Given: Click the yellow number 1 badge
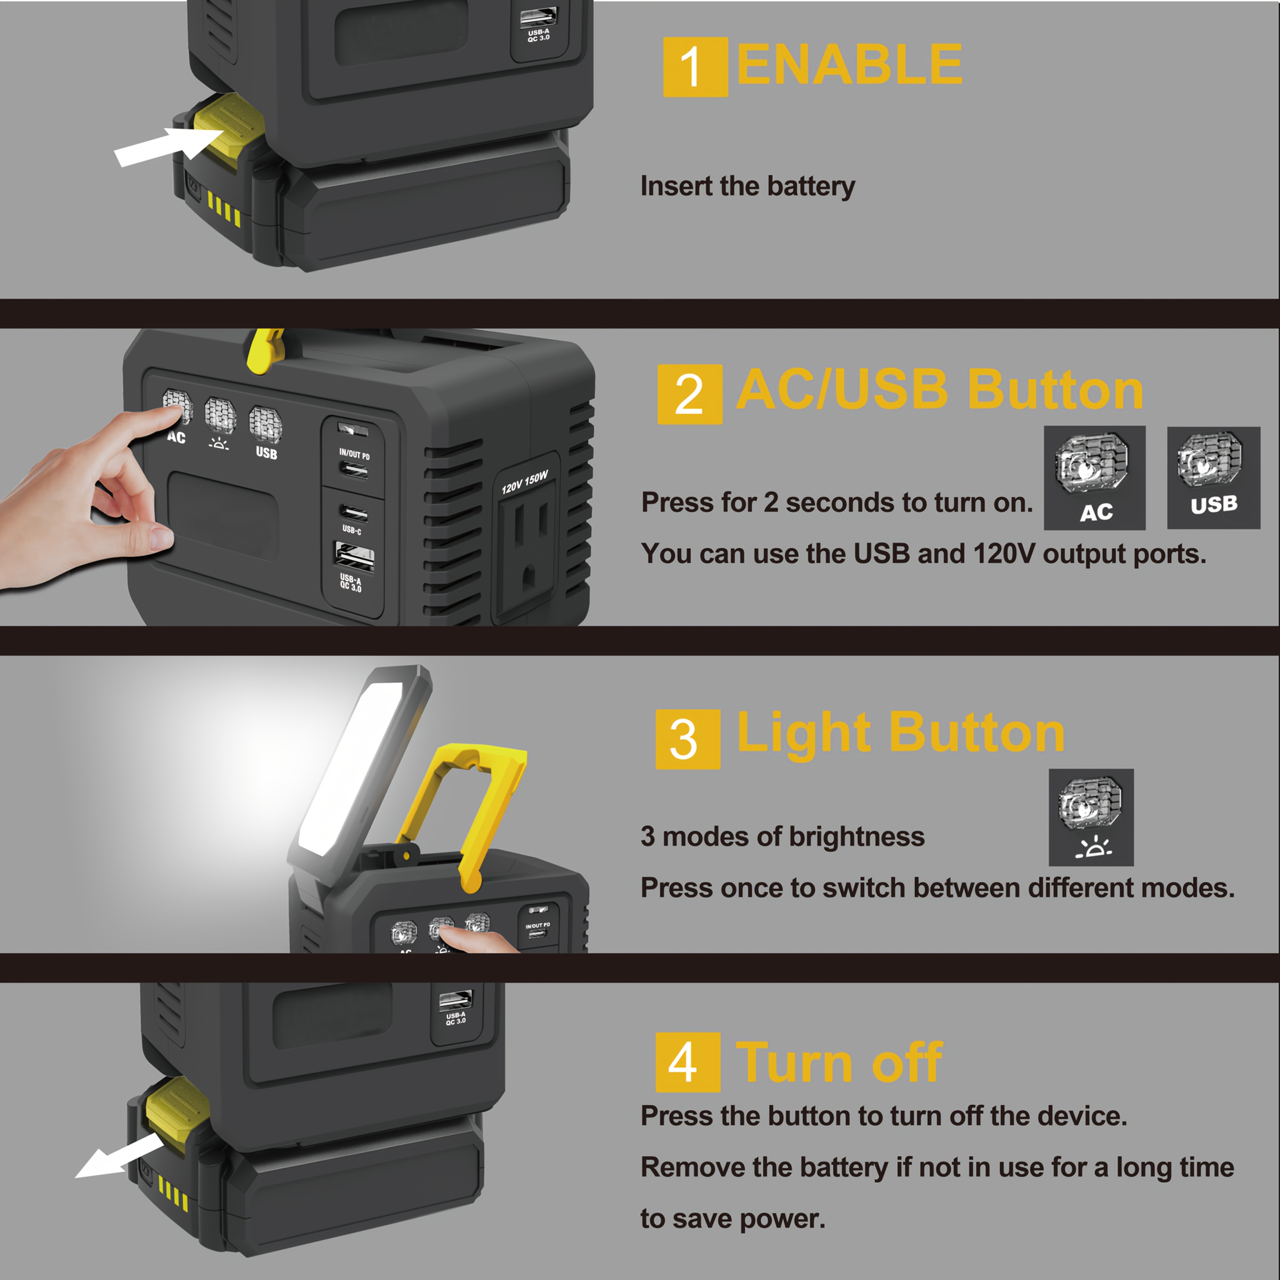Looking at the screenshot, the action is [x=695, y=67].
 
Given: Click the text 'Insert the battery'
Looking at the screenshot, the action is [x=747, y=186].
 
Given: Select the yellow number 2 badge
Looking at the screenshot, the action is [x=690, y=394].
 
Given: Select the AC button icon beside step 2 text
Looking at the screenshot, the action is [x=1095, y=478].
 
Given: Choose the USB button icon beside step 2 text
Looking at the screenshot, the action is [x=1214, y=478].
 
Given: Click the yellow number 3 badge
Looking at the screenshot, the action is [x=688, y=739].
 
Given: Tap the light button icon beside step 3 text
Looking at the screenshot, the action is [x=1091, y=817].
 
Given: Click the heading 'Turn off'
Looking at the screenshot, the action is [x=839, y=1063].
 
